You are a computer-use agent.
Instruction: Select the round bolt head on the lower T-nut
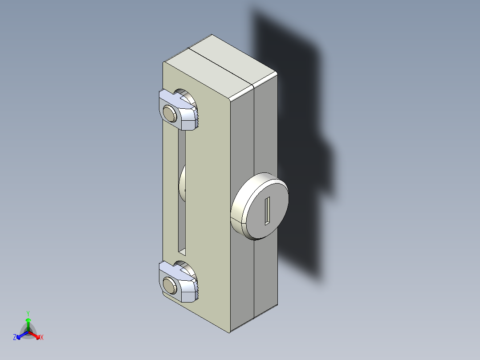pyautogui.click(x=170, y=284)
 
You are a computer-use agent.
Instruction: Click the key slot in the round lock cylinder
pyautogui.click(x=267, y=210)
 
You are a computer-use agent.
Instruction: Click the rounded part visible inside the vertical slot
pyautogui.click(x=182, y=185)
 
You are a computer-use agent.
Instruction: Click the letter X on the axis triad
pyautogui.click(x=42, y=338)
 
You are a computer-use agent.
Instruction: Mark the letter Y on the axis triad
pyautogui.click(x=28, y=313)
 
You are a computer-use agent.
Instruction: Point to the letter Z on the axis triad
pyautogui.click(x=15, y=338)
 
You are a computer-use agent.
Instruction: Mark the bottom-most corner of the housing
pyautogui.click(x=230, y=332)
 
